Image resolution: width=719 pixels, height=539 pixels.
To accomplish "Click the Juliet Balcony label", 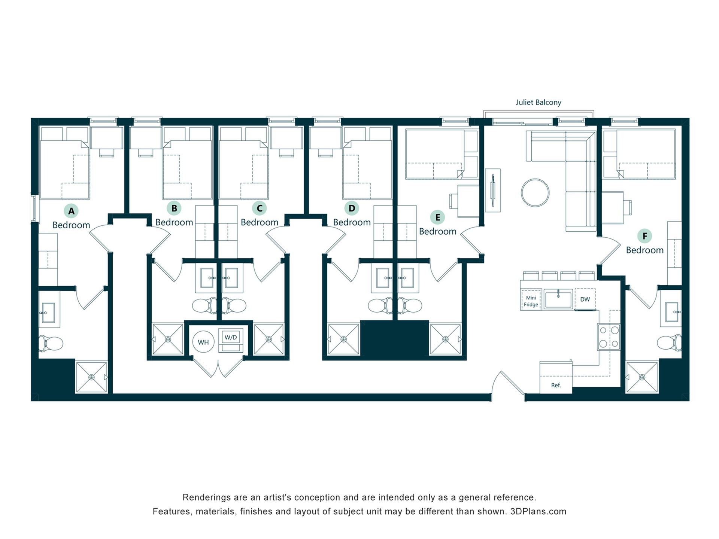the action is [x=538, y=102].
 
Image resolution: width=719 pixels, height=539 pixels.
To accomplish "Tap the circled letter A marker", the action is [x=71, y=211].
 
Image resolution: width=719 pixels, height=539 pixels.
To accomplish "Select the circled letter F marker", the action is [x=644, y=236].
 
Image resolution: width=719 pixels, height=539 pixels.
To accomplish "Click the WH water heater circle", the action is [x=203, y=342].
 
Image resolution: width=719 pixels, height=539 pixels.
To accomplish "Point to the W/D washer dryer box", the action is [x=231, y=340].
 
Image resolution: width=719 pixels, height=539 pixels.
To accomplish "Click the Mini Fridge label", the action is [x=531, y=301].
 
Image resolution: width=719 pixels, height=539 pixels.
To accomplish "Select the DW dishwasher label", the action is [x=585, y=299].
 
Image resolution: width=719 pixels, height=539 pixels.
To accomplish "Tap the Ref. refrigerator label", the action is [x=556, y=385].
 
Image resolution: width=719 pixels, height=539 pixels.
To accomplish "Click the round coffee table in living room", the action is [x=535, y=192].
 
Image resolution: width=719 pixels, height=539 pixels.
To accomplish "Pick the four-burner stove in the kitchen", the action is [x=609, y=337].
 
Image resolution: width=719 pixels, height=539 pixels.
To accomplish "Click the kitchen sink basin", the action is [x=558, y=299].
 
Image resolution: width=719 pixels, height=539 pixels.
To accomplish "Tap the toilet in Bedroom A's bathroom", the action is [x=51, y=343].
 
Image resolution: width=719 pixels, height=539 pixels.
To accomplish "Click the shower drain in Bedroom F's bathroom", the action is [x=642, y=377].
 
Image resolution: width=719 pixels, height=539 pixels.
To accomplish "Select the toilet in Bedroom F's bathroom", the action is [x=669, y=342].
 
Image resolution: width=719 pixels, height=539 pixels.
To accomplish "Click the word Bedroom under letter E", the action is [x=437, y=231].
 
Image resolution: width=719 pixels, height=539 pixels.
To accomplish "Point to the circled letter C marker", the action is [x=259, y=208].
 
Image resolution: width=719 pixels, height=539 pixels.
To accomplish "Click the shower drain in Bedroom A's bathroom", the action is [x=91, y=377].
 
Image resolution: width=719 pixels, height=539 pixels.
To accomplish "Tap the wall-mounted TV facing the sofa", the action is [x=493, y=190].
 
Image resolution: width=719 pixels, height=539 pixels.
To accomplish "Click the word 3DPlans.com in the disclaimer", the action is [x=538, y=511].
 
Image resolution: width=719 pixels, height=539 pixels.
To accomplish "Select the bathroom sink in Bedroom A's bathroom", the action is [x=48, y=312].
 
